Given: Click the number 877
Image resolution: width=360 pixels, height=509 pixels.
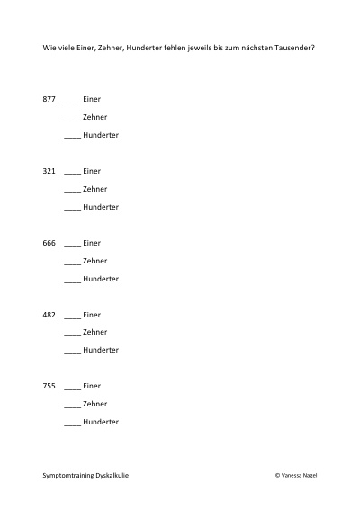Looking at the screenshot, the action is point(49,99).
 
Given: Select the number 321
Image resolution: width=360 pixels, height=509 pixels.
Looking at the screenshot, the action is point(49,171).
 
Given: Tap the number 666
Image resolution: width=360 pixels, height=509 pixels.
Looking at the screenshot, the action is point(49,243).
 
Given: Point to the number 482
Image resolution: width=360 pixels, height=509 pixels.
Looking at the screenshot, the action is point(49,315).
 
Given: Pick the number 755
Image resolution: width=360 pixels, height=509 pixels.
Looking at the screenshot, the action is point(49,386).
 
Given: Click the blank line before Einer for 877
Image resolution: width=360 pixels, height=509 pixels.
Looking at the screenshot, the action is point(73,103).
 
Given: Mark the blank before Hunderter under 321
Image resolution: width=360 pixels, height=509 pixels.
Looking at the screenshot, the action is point(73,210).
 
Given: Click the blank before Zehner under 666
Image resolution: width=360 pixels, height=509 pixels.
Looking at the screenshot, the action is point(73,264).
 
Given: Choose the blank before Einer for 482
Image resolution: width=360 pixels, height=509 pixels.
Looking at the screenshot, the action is point(73,318).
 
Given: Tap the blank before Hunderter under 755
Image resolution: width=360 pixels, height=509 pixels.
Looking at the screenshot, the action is point(73,425).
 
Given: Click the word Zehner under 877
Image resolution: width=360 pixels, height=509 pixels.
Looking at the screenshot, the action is point(94,117).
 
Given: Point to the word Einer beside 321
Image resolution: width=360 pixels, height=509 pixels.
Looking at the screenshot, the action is point(92,171).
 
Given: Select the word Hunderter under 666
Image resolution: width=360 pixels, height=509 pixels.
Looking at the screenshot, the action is point(101,279).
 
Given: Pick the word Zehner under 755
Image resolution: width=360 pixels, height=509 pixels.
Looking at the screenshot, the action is point(94,404).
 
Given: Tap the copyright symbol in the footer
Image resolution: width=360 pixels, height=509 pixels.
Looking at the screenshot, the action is point(277,475).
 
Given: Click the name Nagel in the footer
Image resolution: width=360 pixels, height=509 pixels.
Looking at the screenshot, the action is point(310,475).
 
